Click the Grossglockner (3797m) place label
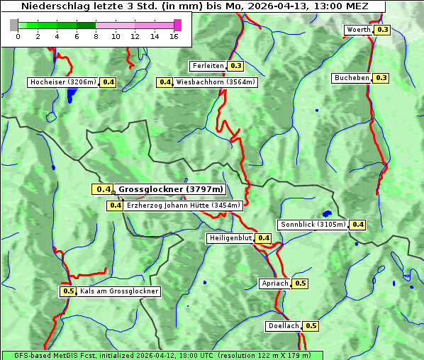[170, 189]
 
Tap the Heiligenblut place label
[230, 238]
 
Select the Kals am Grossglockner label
[119, 291]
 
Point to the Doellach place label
[284, 326]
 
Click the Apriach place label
[275, 283]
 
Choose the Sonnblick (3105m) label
[313, 225]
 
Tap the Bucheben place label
[352, 77]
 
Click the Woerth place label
[359, 30]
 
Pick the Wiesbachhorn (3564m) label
[216, 82]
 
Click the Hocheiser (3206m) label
[63, 82]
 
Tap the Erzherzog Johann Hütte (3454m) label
[184, 206]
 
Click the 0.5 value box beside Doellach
[311, 326]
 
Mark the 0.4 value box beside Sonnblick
[358, 225]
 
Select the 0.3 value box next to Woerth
[383, 30]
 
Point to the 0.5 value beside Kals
[68, 291]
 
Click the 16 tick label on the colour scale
[174, 37]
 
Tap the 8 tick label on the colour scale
[96, 37]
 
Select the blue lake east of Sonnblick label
[326, 213]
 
